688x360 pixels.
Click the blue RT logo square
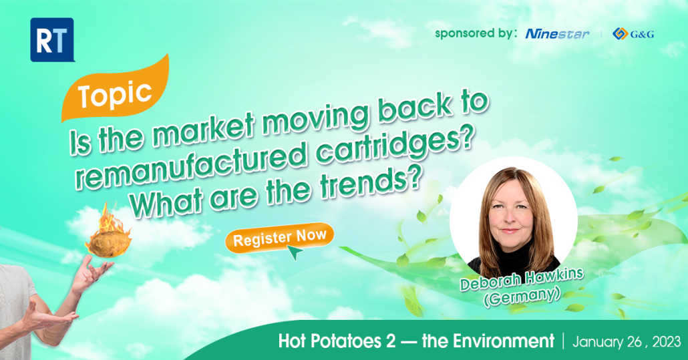pyautogui.click(x=52, y=39)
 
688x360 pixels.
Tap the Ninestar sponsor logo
pyautogui.click(x=557, y=34)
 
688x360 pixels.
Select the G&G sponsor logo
pyautogui.click(x=633, y=34)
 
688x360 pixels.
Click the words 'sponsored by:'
pyautogui.click(x=476, y=34)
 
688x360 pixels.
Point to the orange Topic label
pyautogui.click(x=115, y=89)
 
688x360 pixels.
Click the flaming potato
pyautogui.click(x=108, y=233)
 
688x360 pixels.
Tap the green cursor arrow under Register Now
pyautogui.click(x=295, y=252)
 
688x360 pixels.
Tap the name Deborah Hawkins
pyautogui.click(x=522, y=279)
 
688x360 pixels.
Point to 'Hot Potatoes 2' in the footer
pyautogui.click(x=337, y=341)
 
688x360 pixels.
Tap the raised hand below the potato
pyautogui.click(x=92, y=274)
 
